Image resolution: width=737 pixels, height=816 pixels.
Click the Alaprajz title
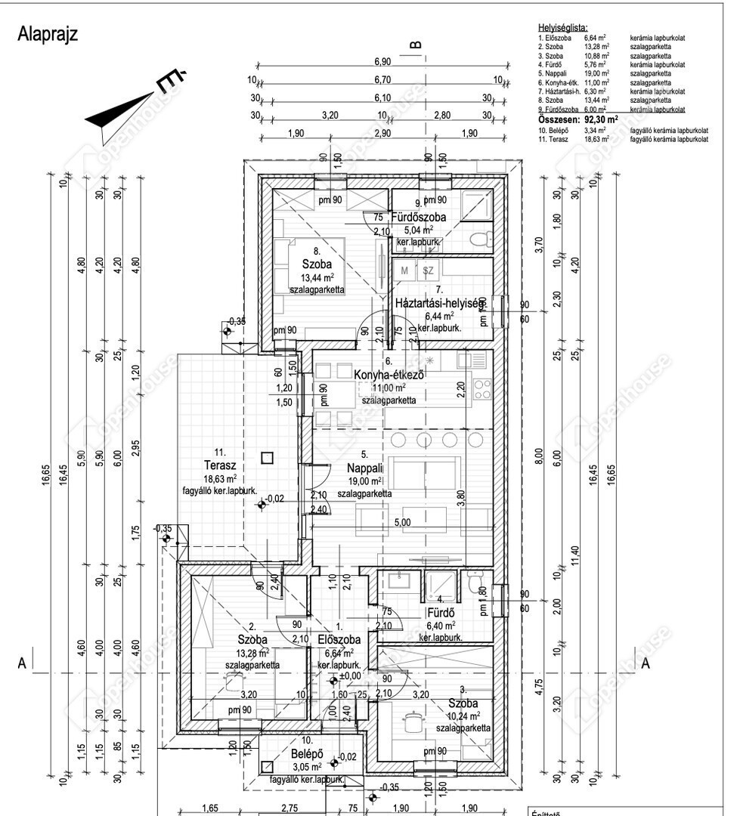click(47, 35)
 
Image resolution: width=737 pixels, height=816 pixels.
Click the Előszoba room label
click(339, 639)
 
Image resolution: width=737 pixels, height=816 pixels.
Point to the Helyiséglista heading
click(562, 27)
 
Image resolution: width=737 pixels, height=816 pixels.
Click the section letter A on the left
click(23, 663)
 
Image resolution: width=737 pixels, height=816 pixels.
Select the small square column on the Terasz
click(266, 456)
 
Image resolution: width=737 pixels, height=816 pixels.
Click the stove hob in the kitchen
click(482, 389)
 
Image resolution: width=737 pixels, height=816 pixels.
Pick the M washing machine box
click(404, 270)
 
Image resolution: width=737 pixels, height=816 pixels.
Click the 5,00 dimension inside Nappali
click(402, 522)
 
